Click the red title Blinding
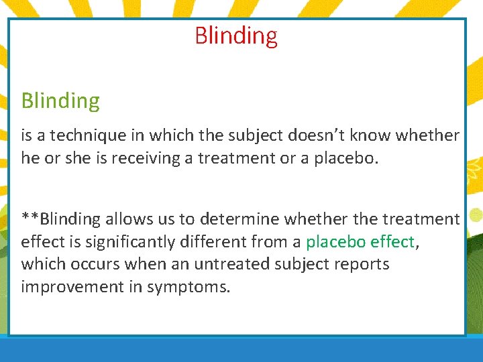coord(236,36)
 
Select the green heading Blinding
coord(60,101)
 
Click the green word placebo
coord(331,242)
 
